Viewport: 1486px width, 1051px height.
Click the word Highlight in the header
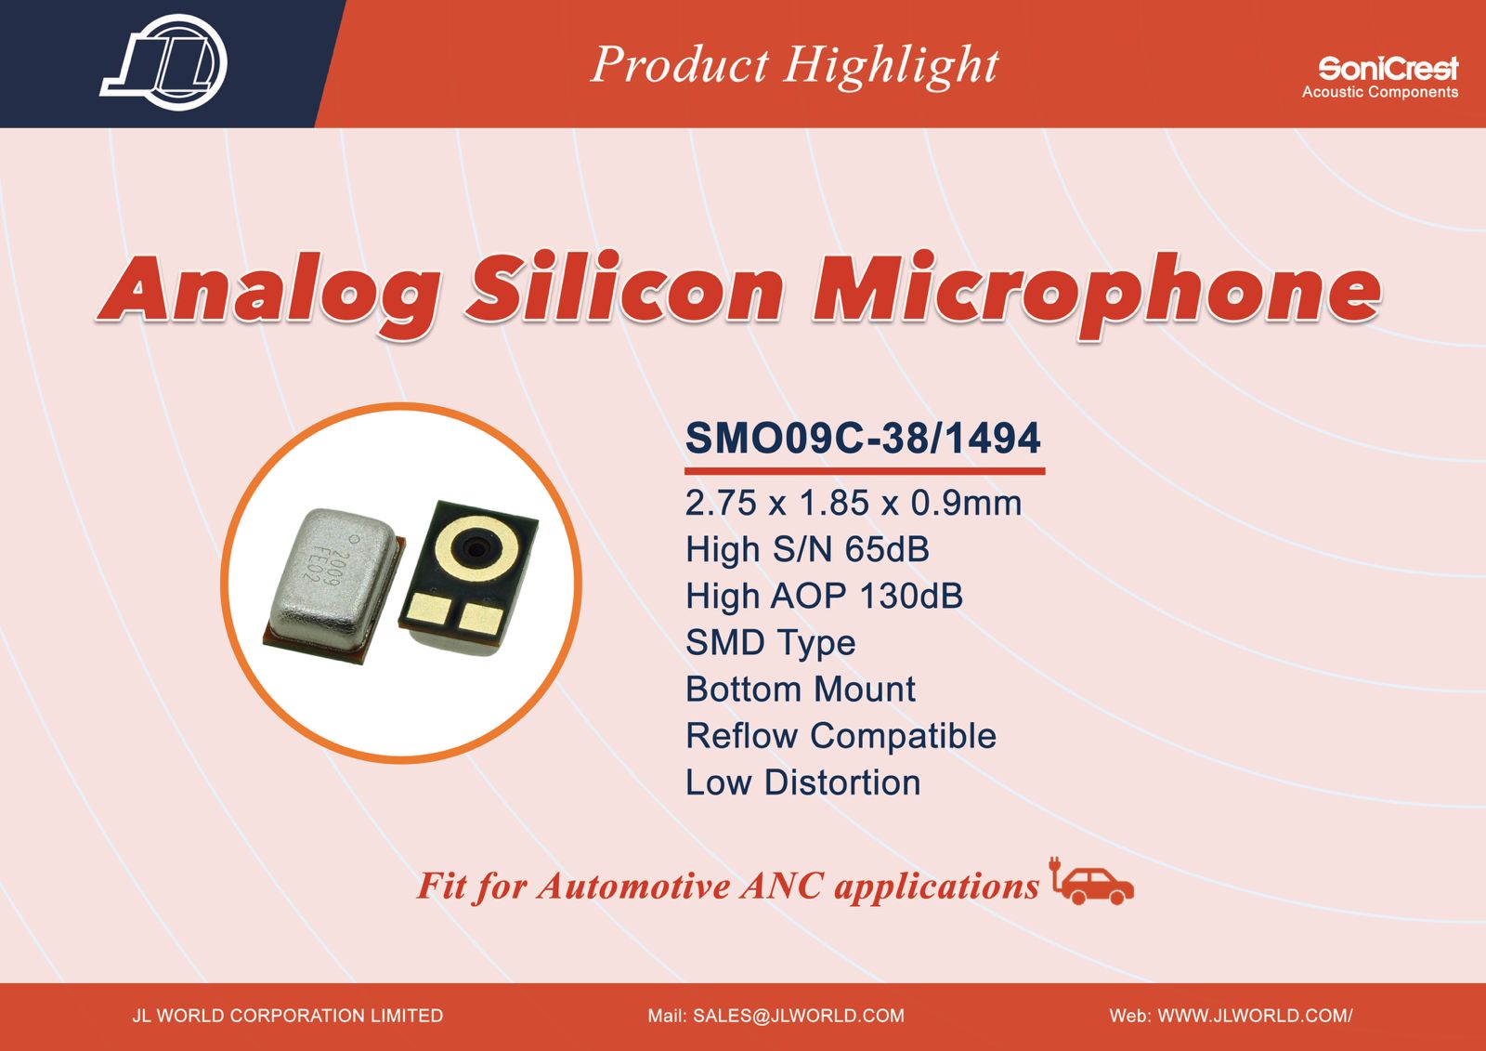[891, 66]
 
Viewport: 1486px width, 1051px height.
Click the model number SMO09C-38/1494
[863, 439]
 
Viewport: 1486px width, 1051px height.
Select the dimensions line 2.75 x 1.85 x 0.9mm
[854, 503]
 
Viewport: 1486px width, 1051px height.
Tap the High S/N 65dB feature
[807, 549]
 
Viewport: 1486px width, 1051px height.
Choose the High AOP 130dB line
[824, 596]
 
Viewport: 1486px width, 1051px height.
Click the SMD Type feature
[770, 643]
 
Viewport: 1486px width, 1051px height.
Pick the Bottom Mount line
[801, 690]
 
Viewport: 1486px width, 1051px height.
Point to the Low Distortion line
[803, 782]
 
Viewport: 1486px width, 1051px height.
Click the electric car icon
[1092, 882]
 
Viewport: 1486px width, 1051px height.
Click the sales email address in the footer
[776, 1015]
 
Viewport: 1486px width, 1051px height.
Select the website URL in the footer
[1231, 1015]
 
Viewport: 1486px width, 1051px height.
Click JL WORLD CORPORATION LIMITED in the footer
[287, 1015]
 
